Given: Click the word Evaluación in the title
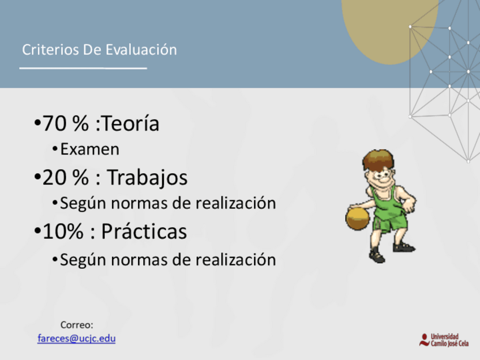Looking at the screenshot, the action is pyautogui.click(x=142, y=50).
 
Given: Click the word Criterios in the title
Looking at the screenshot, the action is pyautogui.click(x=50, y=50).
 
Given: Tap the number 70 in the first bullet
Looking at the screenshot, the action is pyautogui.click(x=54, y=123).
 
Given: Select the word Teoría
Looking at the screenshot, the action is pyautogui.click(x=130, y=123).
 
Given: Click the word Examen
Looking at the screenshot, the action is pyautogui.click(x=89, y=149).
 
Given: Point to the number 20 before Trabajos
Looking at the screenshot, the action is pyautogui.click(x=54, y=178).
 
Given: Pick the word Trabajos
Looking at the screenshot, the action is pyautogui.click(x=147, y=178).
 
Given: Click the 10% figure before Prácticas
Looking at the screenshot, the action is pyautogui.click(x=63, y=231).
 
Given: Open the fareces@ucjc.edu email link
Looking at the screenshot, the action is pyautogui.click(x=76, y=338).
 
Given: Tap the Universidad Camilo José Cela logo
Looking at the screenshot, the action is pyautogui.click(x=444, y=340).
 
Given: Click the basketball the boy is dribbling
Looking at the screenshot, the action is pyautogui.click(x=358, y=218).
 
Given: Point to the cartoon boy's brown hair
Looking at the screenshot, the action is pyautogui.click(x=378, y=159).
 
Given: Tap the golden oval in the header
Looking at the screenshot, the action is pyautogui.click(x=389, y=28).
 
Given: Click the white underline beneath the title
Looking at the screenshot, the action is pyautogui.click(x=83, y=68).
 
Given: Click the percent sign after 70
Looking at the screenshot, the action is pyautogui.click(x=80, y=123).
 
